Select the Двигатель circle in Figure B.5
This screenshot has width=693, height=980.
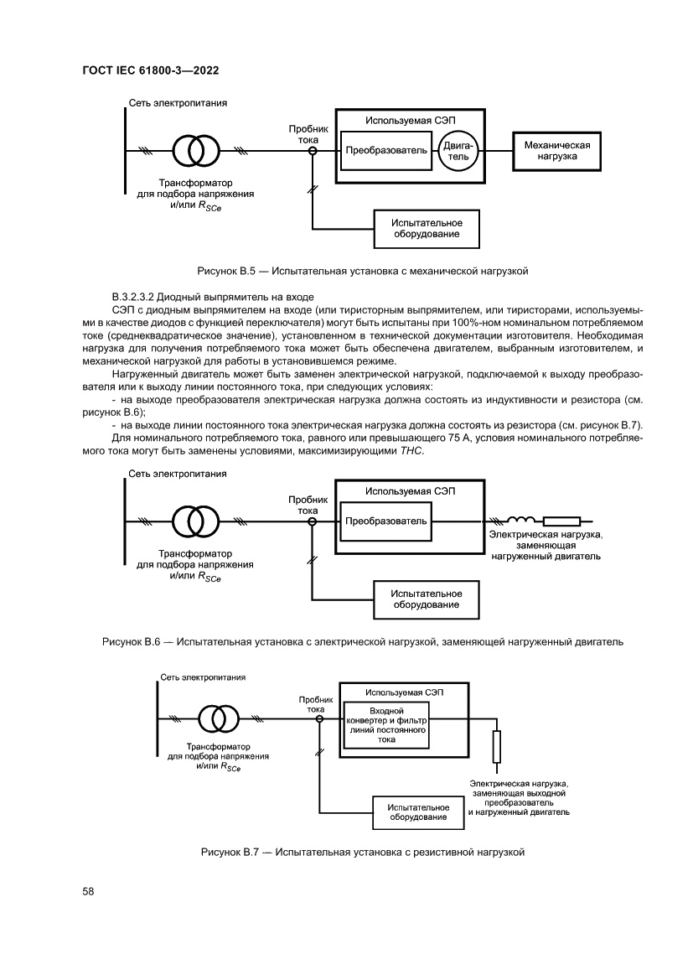tap(458, 151)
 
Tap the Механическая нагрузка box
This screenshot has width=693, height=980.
tap(556, 151)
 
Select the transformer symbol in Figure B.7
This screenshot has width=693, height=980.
tap(218, 718)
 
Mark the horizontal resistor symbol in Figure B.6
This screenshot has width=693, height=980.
tap(561, 521)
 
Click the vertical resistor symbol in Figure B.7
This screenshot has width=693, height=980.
tap(496, 744)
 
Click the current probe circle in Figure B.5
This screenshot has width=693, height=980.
tap(312, 151)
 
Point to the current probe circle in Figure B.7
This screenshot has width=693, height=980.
tap(319, 718)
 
